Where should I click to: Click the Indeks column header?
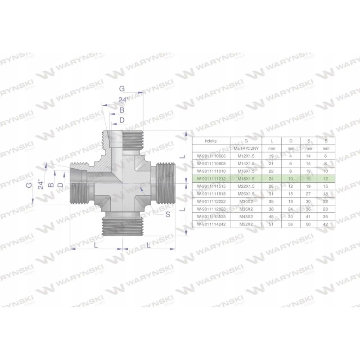(x=210, y=140)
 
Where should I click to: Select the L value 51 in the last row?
(x=271, y=224)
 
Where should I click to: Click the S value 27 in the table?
(x=309, y=194)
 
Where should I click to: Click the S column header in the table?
(x=309, y=140)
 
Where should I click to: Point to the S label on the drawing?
(x=168, y=215)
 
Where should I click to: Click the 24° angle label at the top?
(x=123, y=100)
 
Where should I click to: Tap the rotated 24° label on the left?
(x=41, y=184)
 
